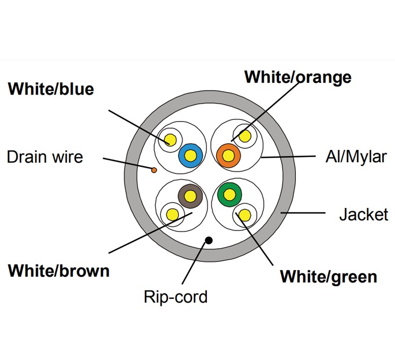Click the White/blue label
click(51, 89)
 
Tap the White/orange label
click(298, 77)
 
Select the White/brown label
click(58, 270)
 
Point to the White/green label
click(328, 277)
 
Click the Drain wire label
click(45, 156)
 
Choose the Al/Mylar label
click(355, 156)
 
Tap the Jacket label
click(363, 214)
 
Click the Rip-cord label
click(175, 296)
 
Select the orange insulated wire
click(228, 155)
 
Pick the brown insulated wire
click(191, 195)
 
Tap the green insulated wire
click(230, 194)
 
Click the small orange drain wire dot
click(154, 170)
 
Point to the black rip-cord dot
click(208, 240)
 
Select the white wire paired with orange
click(245, 136)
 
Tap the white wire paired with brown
click(172, 215)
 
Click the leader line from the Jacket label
click(305, 213)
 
